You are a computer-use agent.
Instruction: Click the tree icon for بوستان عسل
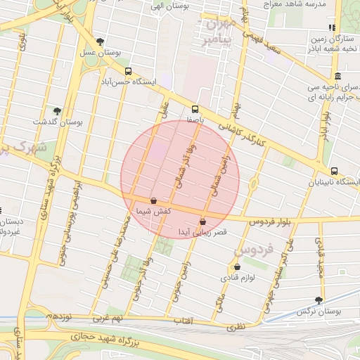click(x=100, y=41)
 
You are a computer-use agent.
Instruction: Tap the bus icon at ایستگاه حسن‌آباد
click(x=128, y=71)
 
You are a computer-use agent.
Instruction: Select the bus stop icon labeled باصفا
click(x=195, y=109)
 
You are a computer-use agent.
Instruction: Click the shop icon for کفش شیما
click(x=153, y=201)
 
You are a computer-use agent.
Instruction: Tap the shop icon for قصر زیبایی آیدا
click(x=203, y=221)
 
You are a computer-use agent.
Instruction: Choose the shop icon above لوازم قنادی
click(x=237, y=266)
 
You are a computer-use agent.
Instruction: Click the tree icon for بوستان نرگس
click(x=319, y=300)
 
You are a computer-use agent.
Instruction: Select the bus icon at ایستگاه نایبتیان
click(x=333, y=171)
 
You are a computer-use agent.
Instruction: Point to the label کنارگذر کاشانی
click(x=243, y=131)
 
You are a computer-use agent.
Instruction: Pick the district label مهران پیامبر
click(x=217, y=30)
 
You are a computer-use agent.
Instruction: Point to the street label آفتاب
click(x=184, y=321)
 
